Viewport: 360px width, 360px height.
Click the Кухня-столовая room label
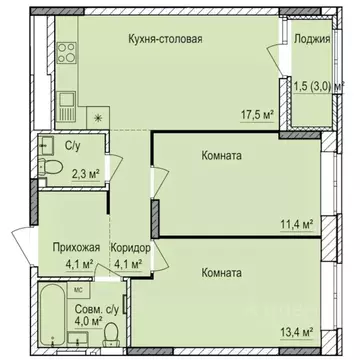click(166, 40)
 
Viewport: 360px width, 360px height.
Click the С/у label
click(73, 146)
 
